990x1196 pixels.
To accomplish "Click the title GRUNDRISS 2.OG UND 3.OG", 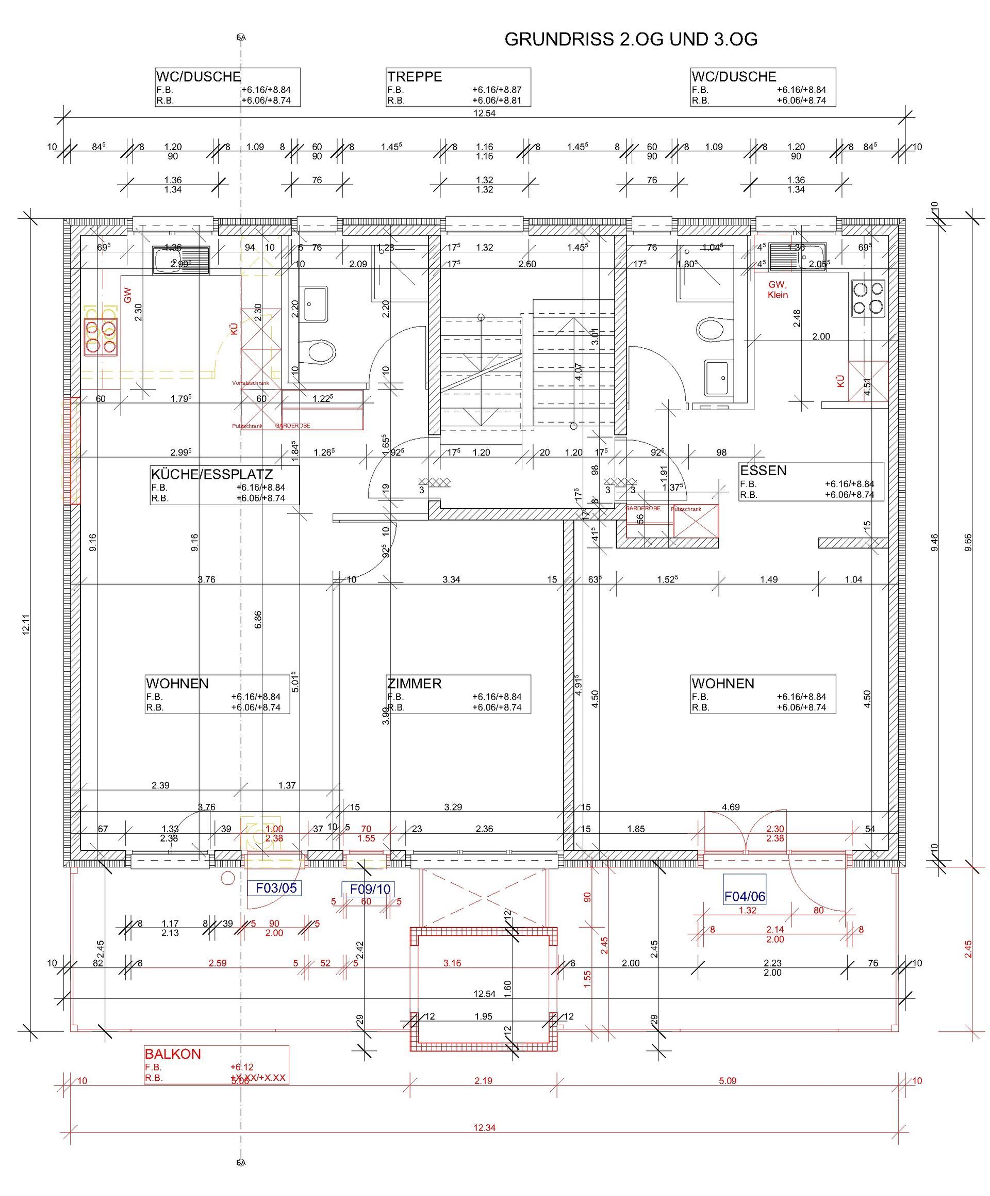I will coord(630,39).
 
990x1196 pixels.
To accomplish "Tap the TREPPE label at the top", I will coord(415,77).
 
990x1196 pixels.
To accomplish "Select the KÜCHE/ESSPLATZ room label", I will coord(212,474).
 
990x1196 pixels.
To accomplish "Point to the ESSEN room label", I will coord(763,471).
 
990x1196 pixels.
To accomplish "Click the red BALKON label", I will coord(173,1054).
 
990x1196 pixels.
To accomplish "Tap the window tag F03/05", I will coord(276,888).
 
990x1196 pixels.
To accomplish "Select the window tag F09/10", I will coord(370,889).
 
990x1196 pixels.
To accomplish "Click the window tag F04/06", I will coord(744,896).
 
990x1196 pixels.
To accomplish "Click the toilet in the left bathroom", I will coord(321,352).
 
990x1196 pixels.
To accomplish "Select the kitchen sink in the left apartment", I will coord(180,260).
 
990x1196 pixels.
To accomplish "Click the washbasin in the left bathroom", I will coord(316,303).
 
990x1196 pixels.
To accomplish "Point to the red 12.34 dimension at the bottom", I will coord(484,1127).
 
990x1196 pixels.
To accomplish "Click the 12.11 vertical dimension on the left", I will coord(26,627).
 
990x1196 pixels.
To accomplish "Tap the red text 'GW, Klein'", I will coord(777,289).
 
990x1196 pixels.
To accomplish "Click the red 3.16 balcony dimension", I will coord(452,963).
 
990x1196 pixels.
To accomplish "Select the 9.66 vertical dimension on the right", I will coord(968,542).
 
